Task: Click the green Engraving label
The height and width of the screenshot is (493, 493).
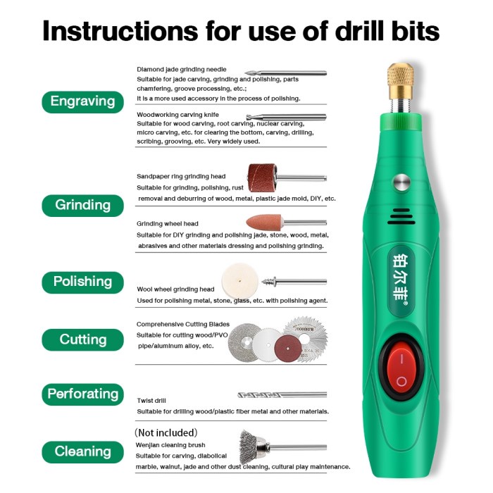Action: (82, 101)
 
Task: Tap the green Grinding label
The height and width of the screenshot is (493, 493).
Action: (82, 205)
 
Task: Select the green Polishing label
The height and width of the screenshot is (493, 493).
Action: (82, 281)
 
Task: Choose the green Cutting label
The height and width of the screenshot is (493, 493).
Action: (82, 339)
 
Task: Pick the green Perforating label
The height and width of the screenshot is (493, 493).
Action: (82, 394)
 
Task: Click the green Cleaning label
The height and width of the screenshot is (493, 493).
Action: (82, 451)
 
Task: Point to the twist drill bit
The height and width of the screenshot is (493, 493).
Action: (282, 395)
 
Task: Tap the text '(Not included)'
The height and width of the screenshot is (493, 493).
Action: (166, 432)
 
